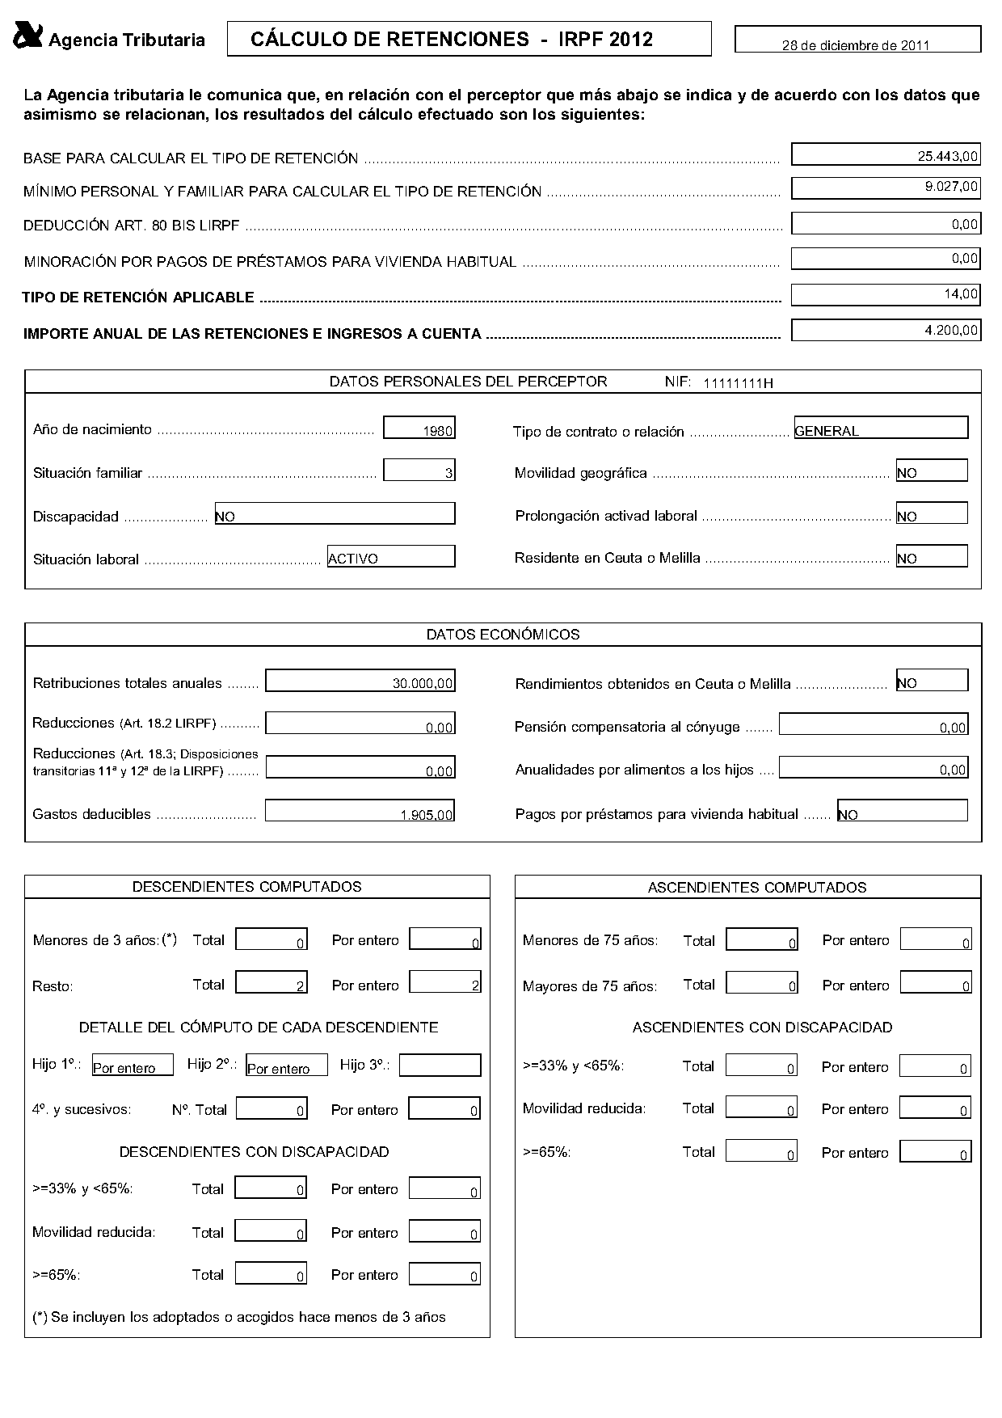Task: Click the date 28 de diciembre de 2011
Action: coord(856,45)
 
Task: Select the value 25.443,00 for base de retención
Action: coord(886,154)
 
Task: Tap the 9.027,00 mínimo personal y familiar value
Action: coord(886,188)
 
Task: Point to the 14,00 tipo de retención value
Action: coord(886,294)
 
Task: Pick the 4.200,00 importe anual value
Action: coord(886,330)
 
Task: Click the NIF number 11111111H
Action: coord(738,383)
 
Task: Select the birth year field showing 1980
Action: coord(419,428)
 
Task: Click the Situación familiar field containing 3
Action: coord(419,471)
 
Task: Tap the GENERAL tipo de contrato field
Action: coord(881,428)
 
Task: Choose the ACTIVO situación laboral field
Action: coord(391,557)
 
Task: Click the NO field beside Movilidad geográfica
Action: coord(931,471)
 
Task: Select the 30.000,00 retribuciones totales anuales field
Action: coord(360,682)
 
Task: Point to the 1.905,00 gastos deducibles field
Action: coord(360,812)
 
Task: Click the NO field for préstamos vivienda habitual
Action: coord(902,812)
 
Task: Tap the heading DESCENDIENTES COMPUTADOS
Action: coord(247,887)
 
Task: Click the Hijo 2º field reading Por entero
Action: coord(287,1066)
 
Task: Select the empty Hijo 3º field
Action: coord(440,1066)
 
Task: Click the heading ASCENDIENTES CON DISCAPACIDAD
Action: coord(762,1028)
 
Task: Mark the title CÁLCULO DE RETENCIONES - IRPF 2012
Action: coord(453,39)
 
